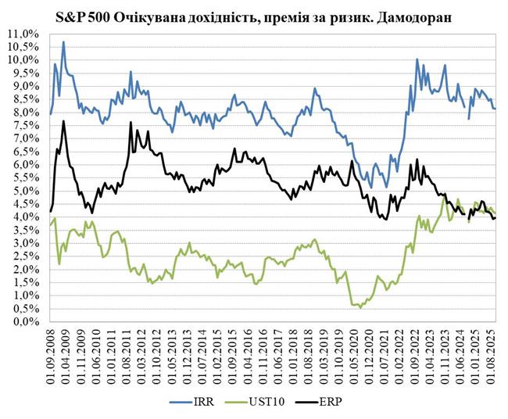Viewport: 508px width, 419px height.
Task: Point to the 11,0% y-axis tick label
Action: (22, 34)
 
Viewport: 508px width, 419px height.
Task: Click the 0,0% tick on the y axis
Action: (24, 321)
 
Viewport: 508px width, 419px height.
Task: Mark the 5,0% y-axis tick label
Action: (24, 191)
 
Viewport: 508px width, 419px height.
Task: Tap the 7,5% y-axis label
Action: (24, 125)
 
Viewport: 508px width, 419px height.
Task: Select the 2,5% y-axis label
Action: (24, 256)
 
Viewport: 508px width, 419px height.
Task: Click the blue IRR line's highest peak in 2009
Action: (63, 42)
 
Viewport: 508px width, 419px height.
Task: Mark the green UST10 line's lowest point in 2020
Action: (360, 307)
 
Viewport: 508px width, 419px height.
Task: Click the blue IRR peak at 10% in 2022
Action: (417, 59)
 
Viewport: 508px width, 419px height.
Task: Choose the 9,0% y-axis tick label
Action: (24, 86)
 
